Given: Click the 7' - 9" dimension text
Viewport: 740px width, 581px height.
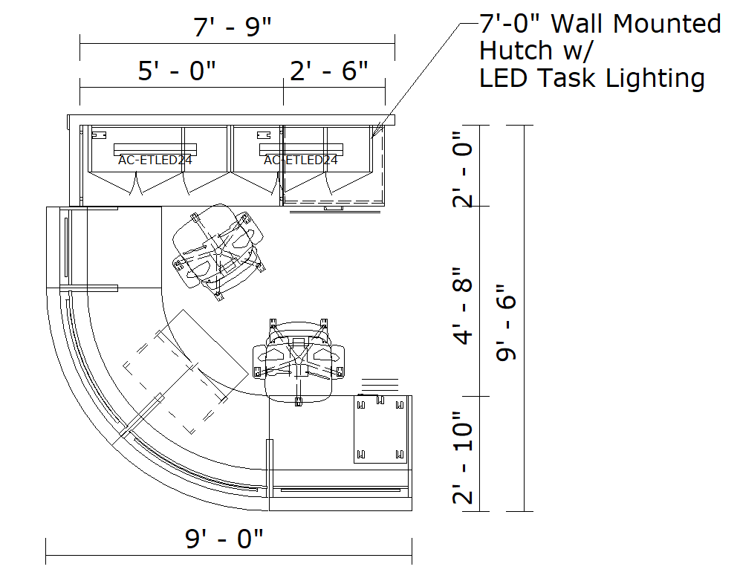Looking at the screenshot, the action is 233,27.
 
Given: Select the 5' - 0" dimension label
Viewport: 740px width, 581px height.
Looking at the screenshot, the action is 177,71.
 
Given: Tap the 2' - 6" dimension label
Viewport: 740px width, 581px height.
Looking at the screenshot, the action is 329,71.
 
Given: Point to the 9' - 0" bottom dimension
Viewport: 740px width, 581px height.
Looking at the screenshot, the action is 224,538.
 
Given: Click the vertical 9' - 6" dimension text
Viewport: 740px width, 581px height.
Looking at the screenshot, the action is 507,323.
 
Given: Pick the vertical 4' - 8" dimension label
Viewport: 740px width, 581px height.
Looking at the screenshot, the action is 462,306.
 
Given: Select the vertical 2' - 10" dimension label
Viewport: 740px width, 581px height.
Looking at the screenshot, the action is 462,458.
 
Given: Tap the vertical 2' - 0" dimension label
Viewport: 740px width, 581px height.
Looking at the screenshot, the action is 462,169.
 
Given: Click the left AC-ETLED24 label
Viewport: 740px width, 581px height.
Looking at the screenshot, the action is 155,160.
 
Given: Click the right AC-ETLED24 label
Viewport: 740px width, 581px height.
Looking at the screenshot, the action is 301,160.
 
